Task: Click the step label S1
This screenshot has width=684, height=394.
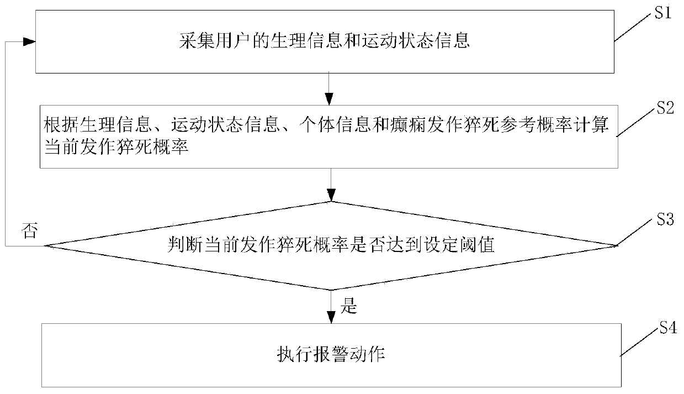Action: tap(662, 14)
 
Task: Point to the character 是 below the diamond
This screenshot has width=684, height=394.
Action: tap(349, 307)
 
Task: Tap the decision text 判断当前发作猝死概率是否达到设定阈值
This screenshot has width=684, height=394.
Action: tap(331, 245)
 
